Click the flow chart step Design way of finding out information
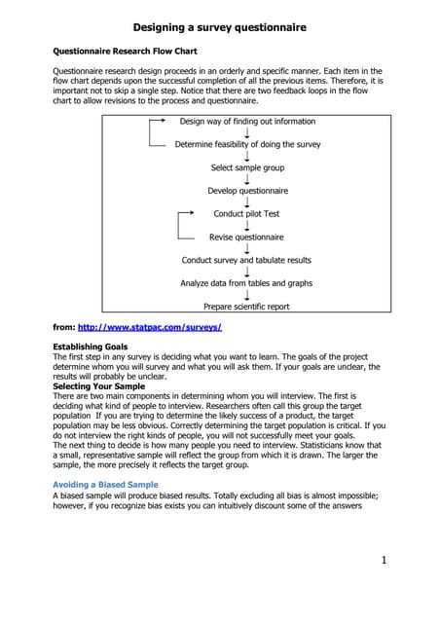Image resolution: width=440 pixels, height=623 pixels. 247,122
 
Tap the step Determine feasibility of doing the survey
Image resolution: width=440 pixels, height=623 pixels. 247,144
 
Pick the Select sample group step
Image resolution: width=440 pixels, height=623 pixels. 247,167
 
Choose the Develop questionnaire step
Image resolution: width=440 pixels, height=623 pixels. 247,191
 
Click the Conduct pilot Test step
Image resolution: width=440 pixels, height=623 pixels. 247,213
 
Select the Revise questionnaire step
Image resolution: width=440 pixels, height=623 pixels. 247,237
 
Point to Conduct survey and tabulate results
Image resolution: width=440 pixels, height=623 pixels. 247,260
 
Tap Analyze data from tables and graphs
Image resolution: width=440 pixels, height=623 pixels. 247,283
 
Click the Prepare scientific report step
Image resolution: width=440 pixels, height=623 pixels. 247,307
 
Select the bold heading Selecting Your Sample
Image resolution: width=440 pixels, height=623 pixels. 97,386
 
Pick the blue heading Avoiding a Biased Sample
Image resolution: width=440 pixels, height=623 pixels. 104,484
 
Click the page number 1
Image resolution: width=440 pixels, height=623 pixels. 385,560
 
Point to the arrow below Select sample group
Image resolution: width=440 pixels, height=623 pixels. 247,179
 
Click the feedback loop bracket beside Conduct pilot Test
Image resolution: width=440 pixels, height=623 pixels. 181,225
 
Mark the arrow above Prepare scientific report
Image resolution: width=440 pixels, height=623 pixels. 247,295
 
